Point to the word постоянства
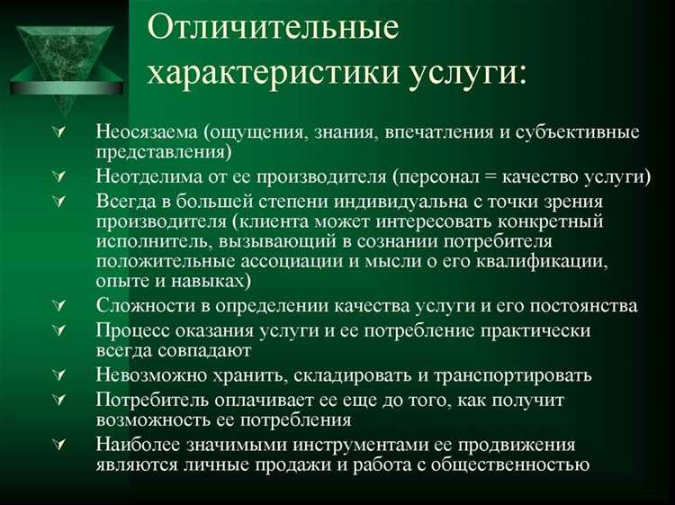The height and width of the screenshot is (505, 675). pos(585,306)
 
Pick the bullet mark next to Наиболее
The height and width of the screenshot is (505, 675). pos(59,444)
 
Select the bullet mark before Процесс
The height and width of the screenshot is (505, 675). pos(59,330)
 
